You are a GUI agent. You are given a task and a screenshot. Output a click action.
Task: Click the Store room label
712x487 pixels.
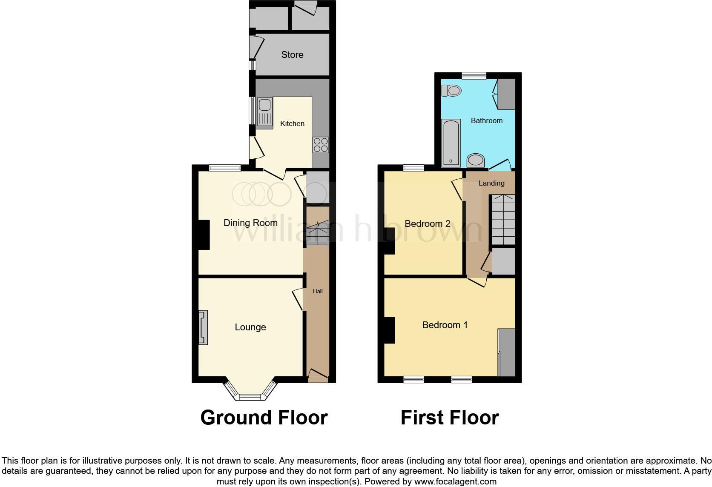tap(292, 54)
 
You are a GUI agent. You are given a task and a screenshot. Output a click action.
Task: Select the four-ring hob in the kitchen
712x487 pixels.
tap(321, 144)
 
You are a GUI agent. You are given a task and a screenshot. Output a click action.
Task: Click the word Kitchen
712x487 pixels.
tap(292, 123)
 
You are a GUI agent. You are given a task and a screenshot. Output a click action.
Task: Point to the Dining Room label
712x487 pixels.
tap(250, 223)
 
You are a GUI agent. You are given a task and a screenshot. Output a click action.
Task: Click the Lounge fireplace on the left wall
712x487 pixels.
tap(204, 327)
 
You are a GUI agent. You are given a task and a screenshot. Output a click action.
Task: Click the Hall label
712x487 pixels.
tap(318, 291)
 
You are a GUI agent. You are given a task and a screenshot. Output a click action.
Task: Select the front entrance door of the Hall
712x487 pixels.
tap(318, 375)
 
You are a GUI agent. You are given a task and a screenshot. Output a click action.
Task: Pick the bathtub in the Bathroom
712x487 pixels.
tap(451, 143)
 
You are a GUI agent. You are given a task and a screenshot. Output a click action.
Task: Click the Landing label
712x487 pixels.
tap(491, 183)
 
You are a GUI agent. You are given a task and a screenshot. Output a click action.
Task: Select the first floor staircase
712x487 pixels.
tap(503, 219)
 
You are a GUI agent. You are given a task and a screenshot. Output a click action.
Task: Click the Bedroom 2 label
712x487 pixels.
tap(427, 223)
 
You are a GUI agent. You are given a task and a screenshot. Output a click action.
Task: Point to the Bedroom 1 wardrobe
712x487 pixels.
tap(507, 352)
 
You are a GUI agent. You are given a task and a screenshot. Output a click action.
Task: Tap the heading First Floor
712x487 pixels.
tap(449, 418)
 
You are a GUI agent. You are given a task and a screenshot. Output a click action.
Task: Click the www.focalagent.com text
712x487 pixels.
tap(455, 481)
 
